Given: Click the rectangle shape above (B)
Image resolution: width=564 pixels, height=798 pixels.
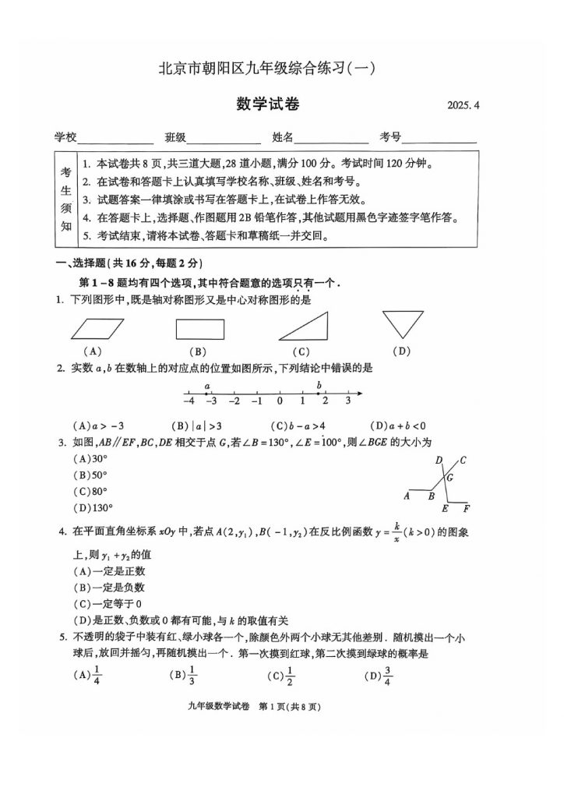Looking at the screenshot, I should point(200,330).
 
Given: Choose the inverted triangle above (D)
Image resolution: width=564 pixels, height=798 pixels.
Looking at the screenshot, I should point(402,323).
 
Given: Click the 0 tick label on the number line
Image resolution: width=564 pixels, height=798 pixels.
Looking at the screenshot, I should point(280,402).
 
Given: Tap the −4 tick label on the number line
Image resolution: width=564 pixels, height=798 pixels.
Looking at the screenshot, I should point(188,402).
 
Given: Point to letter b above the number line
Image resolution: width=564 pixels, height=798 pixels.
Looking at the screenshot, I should point(319,385).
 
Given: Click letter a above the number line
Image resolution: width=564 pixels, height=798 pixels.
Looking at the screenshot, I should point(207,385).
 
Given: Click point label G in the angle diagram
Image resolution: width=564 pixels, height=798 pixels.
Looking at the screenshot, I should point(450,478).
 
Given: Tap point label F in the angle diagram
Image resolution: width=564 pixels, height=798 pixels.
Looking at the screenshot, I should point(466,510).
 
